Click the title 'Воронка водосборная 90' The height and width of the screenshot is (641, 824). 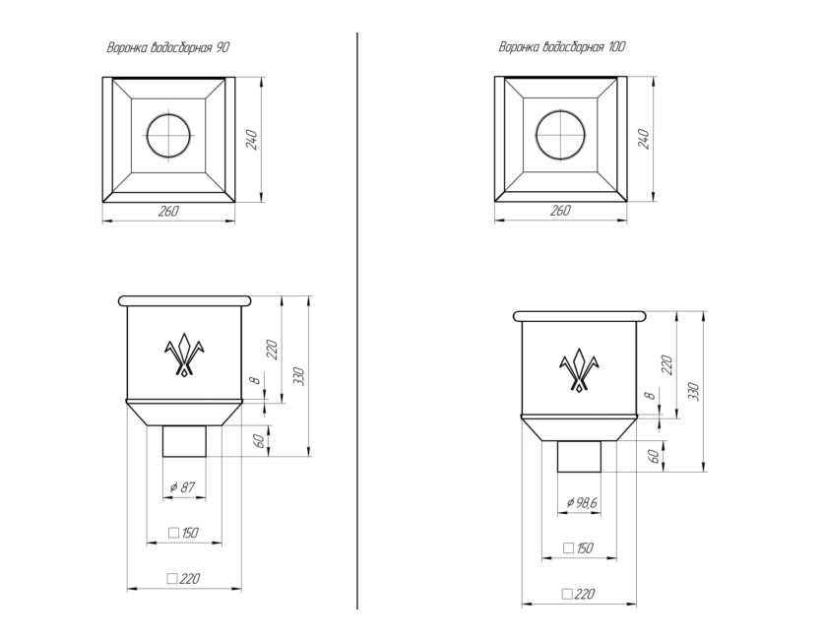168,48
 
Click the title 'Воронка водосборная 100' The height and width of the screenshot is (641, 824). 562,47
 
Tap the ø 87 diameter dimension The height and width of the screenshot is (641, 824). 183,487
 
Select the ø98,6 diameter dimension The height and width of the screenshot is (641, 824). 582,503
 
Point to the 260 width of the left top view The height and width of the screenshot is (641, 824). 168,212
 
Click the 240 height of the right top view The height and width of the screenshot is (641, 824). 644,139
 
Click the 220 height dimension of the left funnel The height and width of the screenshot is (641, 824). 273,350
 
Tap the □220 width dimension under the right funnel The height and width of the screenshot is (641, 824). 578,595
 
